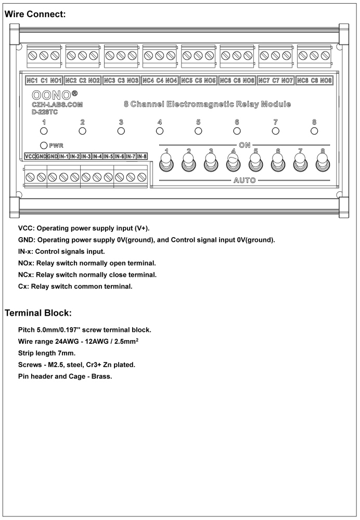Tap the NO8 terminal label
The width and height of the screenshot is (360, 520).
pos(326,81)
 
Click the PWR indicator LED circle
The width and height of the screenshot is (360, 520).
pos(43,145)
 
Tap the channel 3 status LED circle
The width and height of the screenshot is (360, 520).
pos(121,131)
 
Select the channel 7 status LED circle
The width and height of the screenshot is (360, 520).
pos(276,131)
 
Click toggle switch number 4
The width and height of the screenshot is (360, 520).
pos(233,164)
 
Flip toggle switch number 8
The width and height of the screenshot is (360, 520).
pos(322,164)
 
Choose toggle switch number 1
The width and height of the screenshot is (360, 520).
pos(166,164)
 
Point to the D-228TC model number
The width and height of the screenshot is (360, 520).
pos(45,111)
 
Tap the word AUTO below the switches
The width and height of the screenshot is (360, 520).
pos(244,179)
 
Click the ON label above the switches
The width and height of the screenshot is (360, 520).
pos(245,144)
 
